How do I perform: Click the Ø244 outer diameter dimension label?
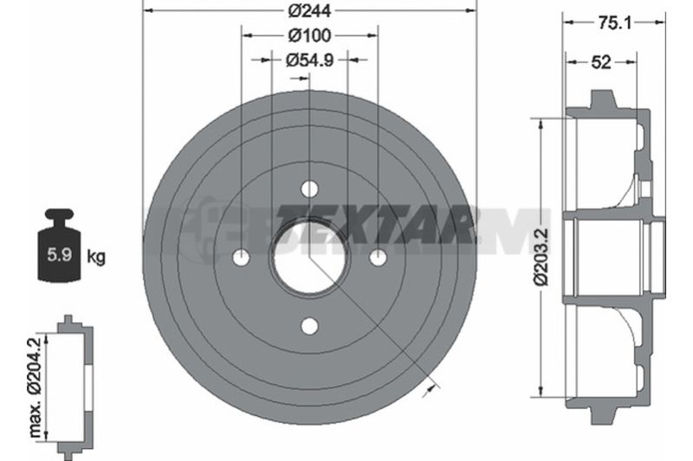[x=309, y=10]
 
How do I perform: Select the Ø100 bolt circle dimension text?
[x=309, y=36]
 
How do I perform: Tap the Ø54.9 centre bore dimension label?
[x=309, y=60]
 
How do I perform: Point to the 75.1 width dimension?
[x=614, y=23]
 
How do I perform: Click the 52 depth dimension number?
[x=601, y=62]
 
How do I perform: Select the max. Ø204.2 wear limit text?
[x=35, y=387]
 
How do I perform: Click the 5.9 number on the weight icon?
[x=60, y=255]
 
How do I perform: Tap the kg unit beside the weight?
[x=96, y=256]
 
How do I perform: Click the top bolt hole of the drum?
[x=309, y=189]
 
